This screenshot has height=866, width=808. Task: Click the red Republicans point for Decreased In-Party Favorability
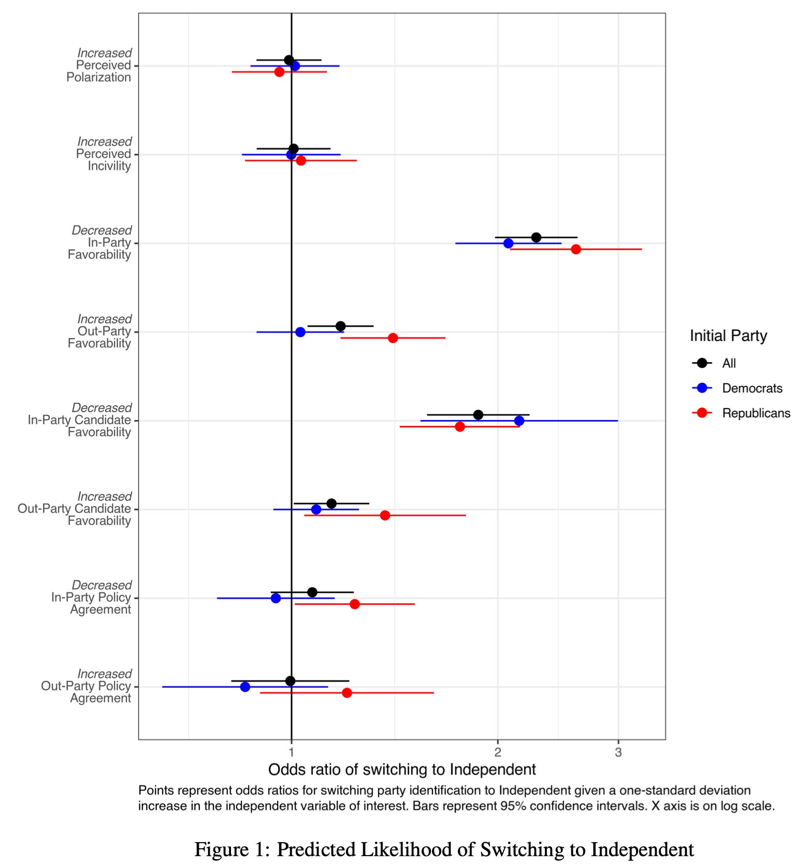point(575,249)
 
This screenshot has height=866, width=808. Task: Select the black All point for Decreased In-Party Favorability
point(536,237)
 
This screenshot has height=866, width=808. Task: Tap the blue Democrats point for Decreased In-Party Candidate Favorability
point(519,421)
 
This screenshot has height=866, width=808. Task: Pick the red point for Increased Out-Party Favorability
point(393,338)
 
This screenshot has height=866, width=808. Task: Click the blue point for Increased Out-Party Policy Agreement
point(245,687)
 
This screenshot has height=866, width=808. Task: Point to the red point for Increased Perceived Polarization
point(279,71)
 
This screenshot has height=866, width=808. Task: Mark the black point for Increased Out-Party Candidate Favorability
point(331,503)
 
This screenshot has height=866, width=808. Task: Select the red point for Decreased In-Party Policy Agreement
point(354,604)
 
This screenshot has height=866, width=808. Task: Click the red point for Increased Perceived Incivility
point(301,161)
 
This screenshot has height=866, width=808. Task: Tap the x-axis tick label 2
point(498,752)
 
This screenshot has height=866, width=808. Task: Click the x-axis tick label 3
point(618,752)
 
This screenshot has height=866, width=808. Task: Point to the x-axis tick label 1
point(292,752)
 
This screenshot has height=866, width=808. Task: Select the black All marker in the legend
point(702,363)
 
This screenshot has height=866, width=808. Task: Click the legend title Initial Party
point(728,336)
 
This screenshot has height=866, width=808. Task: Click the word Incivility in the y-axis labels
point(109,166)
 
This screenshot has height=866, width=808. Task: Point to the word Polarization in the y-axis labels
point(98,77)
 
